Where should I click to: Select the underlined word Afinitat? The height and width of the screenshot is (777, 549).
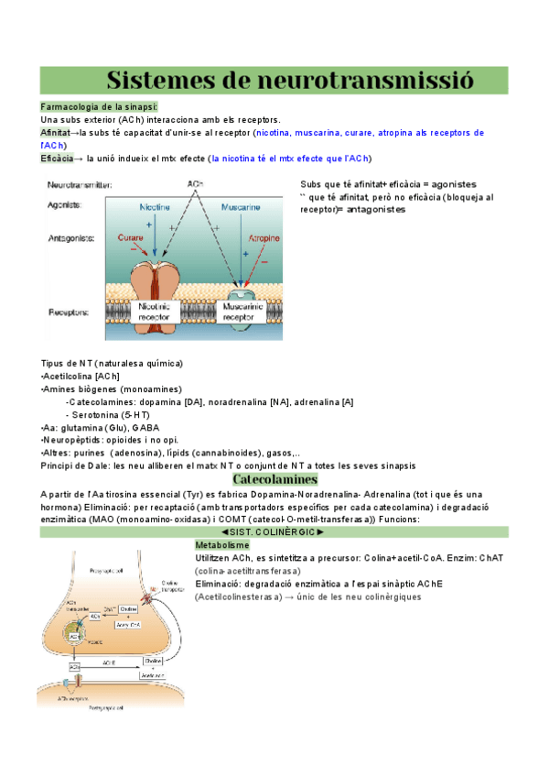click(55, 133)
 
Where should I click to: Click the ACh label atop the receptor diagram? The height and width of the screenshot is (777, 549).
click(195, 184)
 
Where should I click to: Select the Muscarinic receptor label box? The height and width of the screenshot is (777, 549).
click(243, 312)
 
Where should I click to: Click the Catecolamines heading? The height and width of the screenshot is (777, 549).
click(274, 479)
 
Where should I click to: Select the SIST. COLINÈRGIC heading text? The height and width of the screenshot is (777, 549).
click(274, 531)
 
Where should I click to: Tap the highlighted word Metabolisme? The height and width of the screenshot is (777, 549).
click(222, 544)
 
